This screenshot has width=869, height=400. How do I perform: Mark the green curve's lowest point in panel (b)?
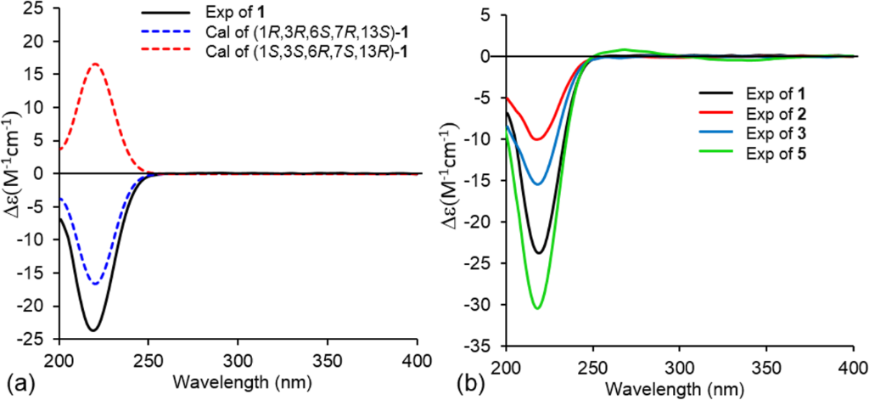(537, 307)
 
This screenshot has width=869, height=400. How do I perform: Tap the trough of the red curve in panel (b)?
(536, 139)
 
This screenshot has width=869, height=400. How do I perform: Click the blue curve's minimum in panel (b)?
(537, 184)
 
